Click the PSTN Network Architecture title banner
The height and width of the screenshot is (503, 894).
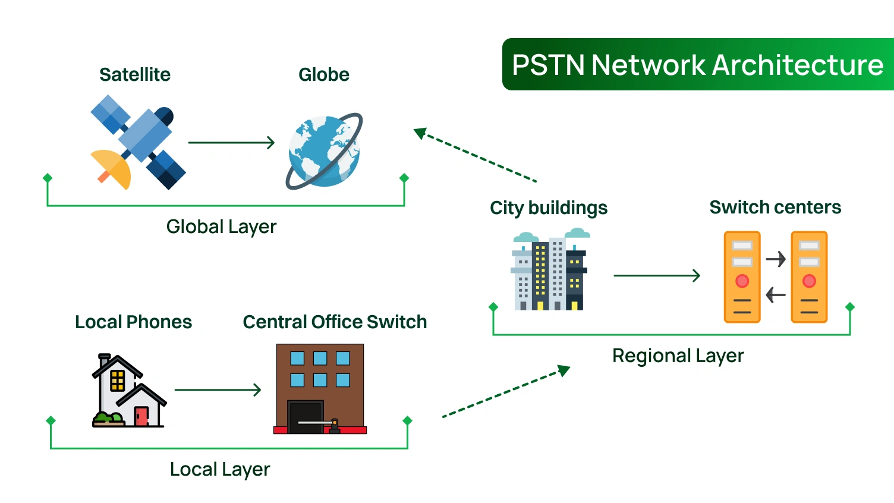point(697,65)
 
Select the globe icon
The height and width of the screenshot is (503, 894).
point(324,151)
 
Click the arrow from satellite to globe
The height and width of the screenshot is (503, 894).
point(231,143)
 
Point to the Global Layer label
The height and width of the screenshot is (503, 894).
point(221,227)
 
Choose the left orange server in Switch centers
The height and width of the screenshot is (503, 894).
point(742,277)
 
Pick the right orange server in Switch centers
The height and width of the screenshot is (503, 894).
point(809,277)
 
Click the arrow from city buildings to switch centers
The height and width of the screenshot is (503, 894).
point(656,276)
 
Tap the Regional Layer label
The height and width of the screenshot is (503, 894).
point(678,356)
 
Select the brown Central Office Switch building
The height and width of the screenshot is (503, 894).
point(320,389)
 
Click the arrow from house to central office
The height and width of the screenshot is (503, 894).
point(218,390)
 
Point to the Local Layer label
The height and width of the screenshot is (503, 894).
point(220,469)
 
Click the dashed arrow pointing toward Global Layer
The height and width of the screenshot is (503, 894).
point(476,155)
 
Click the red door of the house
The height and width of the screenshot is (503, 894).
point(141,416)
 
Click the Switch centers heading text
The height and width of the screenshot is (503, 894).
point(775,207)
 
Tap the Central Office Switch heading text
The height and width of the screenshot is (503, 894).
point(335,322)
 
